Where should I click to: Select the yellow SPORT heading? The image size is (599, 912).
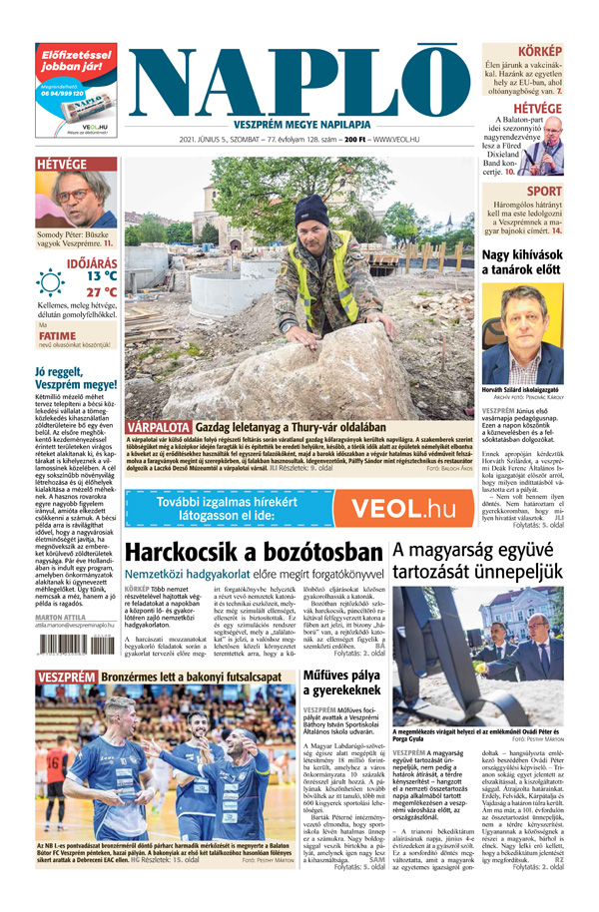544,192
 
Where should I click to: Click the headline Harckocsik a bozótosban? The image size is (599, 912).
254,553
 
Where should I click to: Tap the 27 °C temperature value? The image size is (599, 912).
100,292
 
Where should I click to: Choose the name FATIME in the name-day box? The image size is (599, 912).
57,336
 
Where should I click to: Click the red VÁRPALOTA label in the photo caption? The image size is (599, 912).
159,428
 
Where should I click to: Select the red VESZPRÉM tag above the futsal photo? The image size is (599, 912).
65,678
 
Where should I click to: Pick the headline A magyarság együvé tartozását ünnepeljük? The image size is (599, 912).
487,560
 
